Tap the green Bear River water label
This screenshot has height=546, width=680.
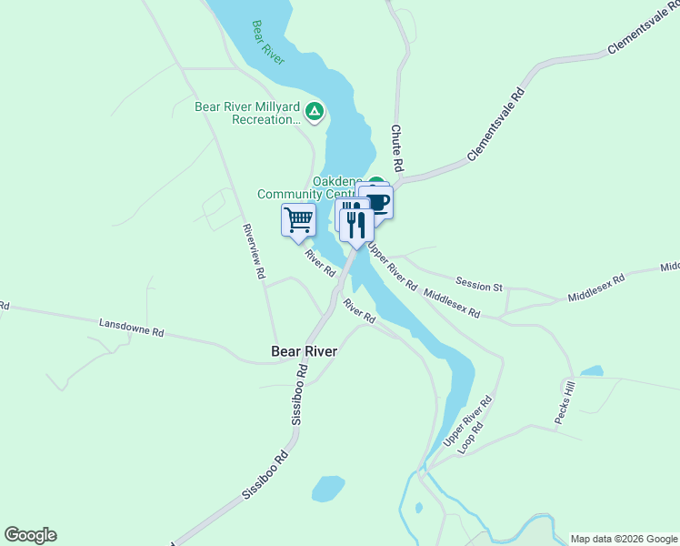click(x=269, y=43)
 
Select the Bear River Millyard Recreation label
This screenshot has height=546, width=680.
click(x=247, y=112)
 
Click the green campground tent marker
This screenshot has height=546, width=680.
click(x=315, y=112)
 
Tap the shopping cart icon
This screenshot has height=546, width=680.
click(x=298, y=219)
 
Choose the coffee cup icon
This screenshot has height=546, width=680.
click(x=375, y=201)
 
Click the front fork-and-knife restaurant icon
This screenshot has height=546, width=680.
click(x=356, y=223)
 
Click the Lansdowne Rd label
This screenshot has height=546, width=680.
click(x=132, y=328)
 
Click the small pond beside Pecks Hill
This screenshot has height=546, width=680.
click(x=592, y=371)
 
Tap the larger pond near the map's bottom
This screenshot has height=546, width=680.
click(x=328, y=489)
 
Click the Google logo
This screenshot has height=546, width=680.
click(x=30, y=535)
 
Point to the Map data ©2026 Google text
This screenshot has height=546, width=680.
click(x=625, y=539)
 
